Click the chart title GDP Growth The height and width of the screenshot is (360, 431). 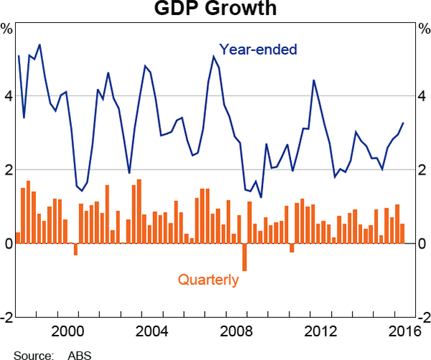tap(215, 9)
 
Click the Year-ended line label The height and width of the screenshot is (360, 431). tap(258, 50)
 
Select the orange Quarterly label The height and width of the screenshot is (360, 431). tap(208, 280)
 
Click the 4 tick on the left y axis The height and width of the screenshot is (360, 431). tap(6, 96)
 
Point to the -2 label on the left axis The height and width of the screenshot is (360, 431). tap(6, 317)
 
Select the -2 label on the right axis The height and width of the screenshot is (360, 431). tap(424, 317)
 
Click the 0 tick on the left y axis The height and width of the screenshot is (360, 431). tap(6, 244)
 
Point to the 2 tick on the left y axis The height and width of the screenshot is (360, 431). tap(6, 170)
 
